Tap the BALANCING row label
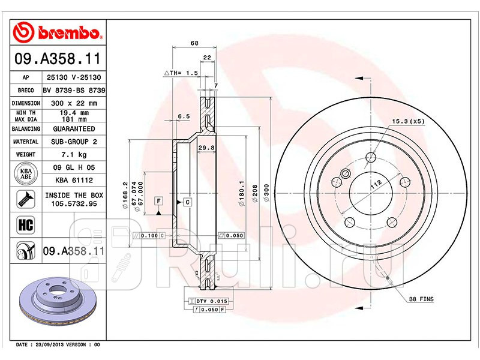pyautogui.click(x=26, y=129)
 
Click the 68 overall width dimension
pyautogui.click(x=194, y=43)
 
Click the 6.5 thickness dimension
pyautogui.click(x=184, y=115)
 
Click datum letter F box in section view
pyautogui.click(x=159, y=200)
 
